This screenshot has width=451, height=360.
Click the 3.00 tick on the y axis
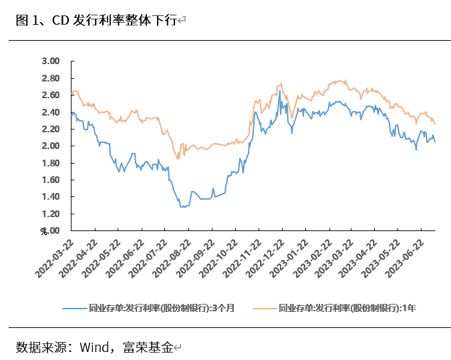pyautogui.click(x=51, y=61)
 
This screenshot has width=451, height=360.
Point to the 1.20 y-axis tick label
pyautogui.click(x=51, y=214)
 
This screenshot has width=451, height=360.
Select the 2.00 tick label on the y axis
pyautogui.click(x=51, y=146)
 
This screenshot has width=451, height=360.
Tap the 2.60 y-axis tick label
pyautogui.click(x=51, y=95)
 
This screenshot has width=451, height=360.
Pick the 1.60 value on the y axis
pyautogui.click(x=51, y=180)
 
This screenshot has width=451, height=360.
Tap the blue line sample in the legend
pyautogui.click(x=74, y=308)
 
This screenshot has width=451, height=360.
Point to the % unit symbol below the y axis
pyautogui.click(x=44, y=232)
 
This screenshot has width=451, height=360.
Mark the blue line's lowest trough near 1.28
pyautogui.click(x=182, y=207)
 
